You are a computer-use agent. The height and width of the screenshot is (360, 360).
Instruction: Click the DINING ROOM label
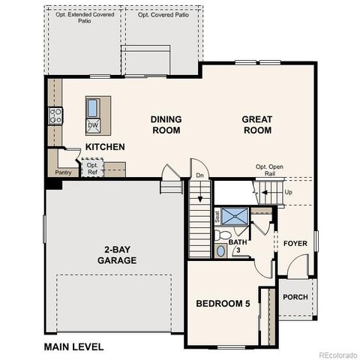[166, 124]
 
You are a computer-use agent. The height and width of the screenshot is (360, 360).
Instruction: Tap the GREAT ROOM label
[256, 124]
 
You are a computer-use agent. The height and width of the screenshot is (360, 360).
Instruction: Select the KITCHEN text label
[104, 147]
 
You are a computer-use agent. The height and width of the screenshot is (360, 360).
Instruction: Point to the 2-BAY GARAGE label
[116, 255]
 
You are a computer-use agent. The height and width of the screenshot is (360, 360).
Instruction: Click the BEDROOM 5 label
[222, 304]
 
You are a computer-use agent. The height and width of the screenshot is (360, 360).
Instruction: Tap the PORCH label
[295, 297]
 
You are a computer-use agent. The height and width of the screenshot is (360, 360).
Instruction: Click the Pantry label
[63, 172]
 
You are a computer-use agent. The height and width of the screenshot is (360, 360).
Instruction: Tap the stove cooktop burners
[55, 115]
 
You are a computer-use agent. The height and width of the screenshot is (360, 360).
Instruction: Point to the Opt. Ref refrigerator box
[92, 169]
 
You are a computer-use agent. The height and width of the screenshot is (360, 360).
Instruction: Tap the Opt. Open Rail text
[268, 170]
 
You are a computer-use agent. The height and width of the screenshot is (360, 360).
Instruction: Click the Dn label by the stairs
[199, 175]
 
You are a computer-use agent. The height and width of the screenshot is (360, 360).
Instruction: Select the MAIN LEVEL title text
[73, 347]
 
